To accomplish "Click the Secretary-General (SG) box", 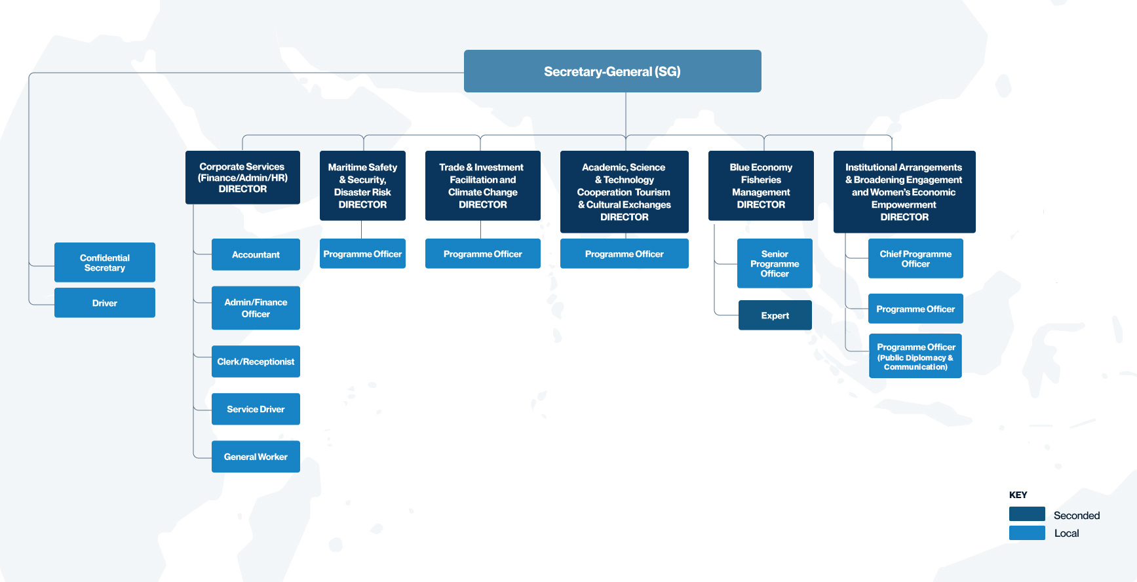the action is pos(612,71).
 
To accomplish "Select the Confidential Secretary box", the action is pos(105,262).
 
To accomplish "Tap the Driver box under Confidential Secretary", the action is pos(105,303).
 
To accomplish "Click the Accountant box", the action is pos(256,254).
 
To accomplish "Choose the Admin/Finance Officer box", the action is pos(256,308).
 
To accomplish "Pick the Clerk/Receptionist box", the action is pos(256,361).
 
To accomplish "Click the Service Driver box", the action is pos(256,409).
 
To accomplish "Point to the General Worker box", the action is pos(256,457).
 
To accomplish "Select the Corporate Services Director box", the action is pos(242,178).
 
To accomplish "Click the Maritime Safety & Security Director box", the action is pos(362,185).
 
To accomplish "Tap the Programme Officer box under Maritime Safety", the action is pos(362,254).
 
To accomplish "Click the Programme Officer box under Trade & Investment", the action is pos(483,254).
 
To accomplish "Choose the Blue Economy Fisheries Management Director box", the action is pos(761,185).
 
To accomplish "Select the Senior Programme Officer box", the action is pos(775,263).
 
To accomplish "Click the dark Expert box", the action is pos(775,315).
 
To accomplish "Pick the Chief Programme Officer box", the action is pos(915,259).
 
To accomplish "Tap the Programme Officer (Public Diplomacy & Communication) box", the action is pos(915,356).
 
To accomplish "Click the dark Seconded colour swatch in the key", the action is pos(1027,514).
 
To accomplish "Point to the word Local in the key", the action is pos(1066,533).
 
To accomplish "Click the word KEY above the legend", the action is pos(1018,495).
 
